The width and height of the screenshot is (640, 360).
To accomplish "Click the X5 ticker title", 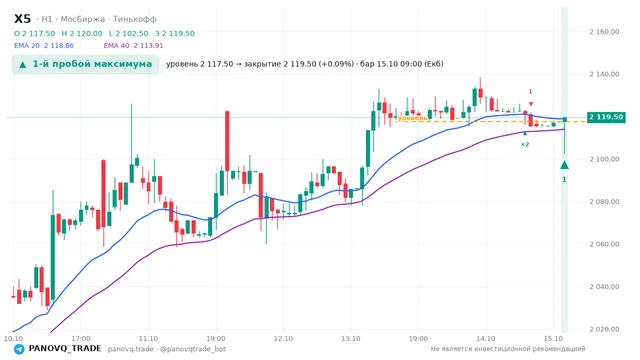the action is coord(22,19).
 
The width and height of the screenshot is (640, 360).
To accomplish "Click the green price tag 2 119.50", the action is coord(606,117).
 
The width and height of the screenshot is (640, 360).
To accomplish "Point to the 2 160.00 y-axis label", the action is coord(604,31).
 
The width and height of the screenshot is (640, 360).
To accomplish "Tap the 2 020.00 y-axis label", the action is coord(604,329).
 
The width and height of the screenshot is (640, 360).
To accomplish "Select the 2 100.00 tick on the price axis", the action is coord(604,159).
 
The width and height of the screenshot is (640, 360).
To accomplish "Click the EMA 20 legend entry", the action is coord(44,46).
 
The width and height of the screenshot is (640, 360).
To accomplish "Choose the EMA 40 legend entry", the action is coord(133,46).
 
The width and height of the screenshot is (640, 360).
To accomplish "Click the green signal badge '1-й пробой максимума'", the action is coord(85,64).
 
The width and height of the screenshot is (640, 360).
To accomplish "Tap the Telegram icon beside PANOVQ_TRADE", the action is coord(19,349).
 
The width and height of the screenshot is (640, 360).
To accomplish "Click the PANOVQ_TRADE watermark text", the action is coord(65,349).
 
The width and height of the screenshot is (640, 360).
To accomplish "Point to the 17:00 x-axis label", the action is coord(81,338).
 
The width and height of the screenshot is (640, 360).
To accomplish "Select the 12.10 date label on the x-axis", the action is coord(283,338).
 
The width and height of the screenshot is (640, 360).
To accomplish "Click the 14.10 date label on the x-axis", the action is coord(486,338).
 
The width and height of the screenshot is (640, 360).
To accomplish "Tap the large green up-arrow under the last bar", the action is coord(564,165).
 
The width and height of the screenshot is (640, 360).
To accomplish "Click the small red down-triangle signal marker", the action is coord(531,104).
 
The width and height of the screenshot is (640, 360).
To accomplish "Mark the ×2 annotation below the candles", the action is coord(525,144).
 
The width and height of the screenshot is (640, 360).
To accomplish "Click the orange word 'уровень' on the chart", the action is coord(413,118).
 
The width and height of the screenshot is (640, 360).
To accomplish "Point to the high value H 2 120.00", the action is coord(82,33).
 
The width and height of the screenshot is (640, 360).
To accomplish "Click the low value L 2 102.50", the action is coord(129,33).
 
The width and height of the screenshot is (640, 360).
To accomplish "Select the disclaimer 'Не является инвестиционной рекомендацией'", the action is coord(508,349).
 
